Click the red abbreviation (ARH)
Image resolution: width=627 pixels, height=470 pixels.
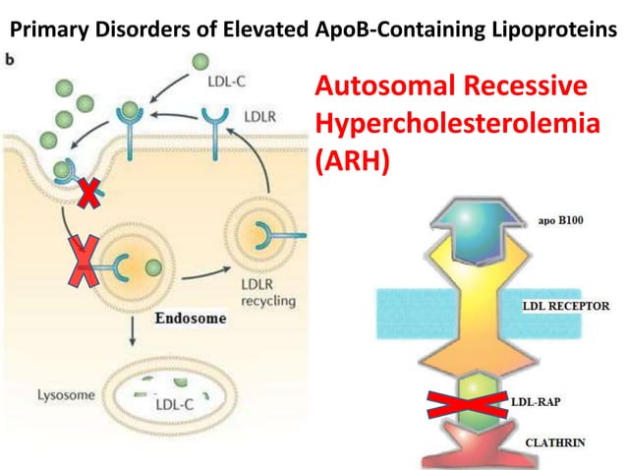(x=352, y=161)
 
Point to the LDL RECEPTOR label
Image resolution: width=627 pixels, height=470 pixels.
(x=563, y=306)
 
